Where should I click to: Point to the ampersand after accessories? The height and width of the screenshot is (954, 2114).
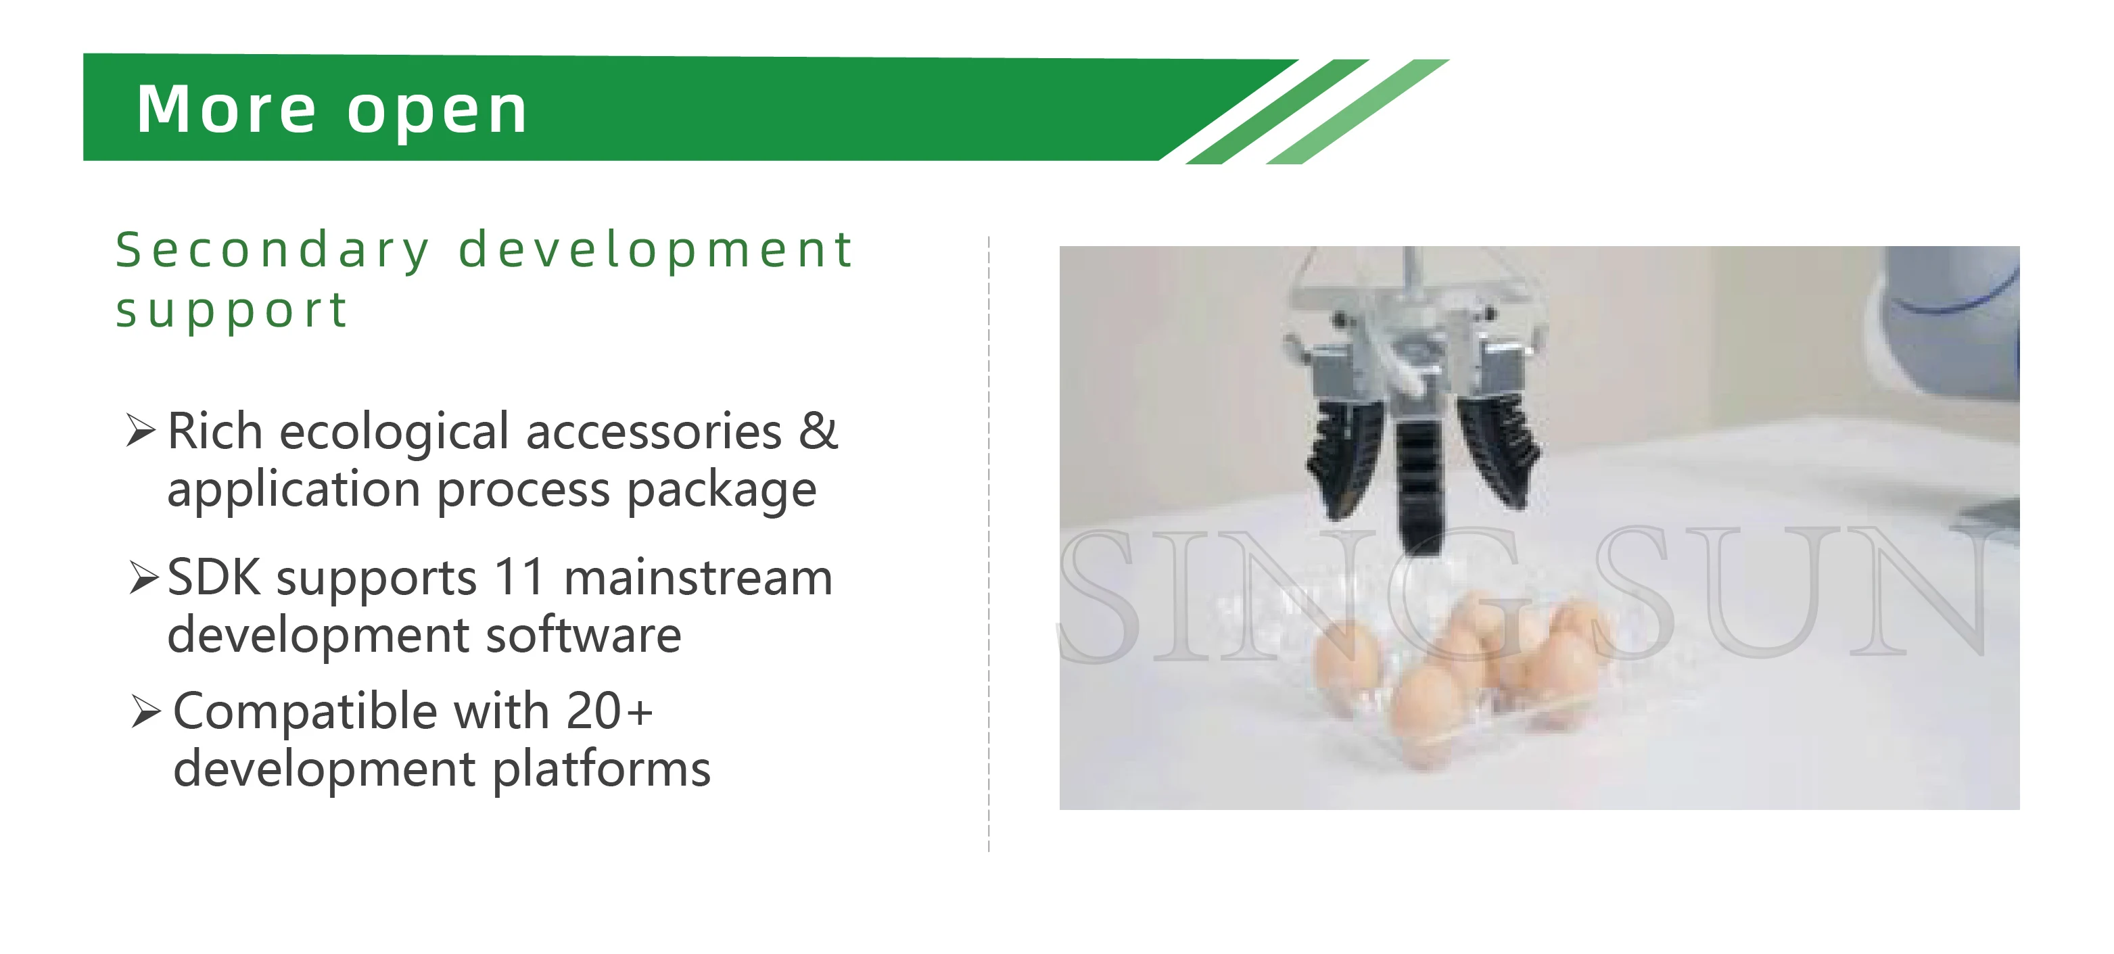pos(818,431)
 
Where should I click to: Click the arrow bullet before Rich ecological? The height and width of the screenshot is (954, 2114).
pos(141,431)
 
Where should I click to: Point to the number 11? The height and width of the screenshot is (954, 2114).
pos(520,577)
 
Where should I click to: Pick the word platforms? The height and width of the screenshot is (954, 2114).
pos(602,769)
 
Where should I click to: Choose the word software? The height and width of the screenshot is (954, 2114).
pos(584,635)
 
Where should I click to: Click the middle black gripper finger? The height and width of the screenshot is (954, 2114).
pos(1418,484)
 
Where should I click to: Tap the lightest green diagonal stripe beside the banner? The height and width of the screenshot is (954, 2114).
pos(1358,112)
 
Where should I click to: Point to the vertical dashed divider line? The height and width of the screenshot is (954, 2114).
pos(989,542)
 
